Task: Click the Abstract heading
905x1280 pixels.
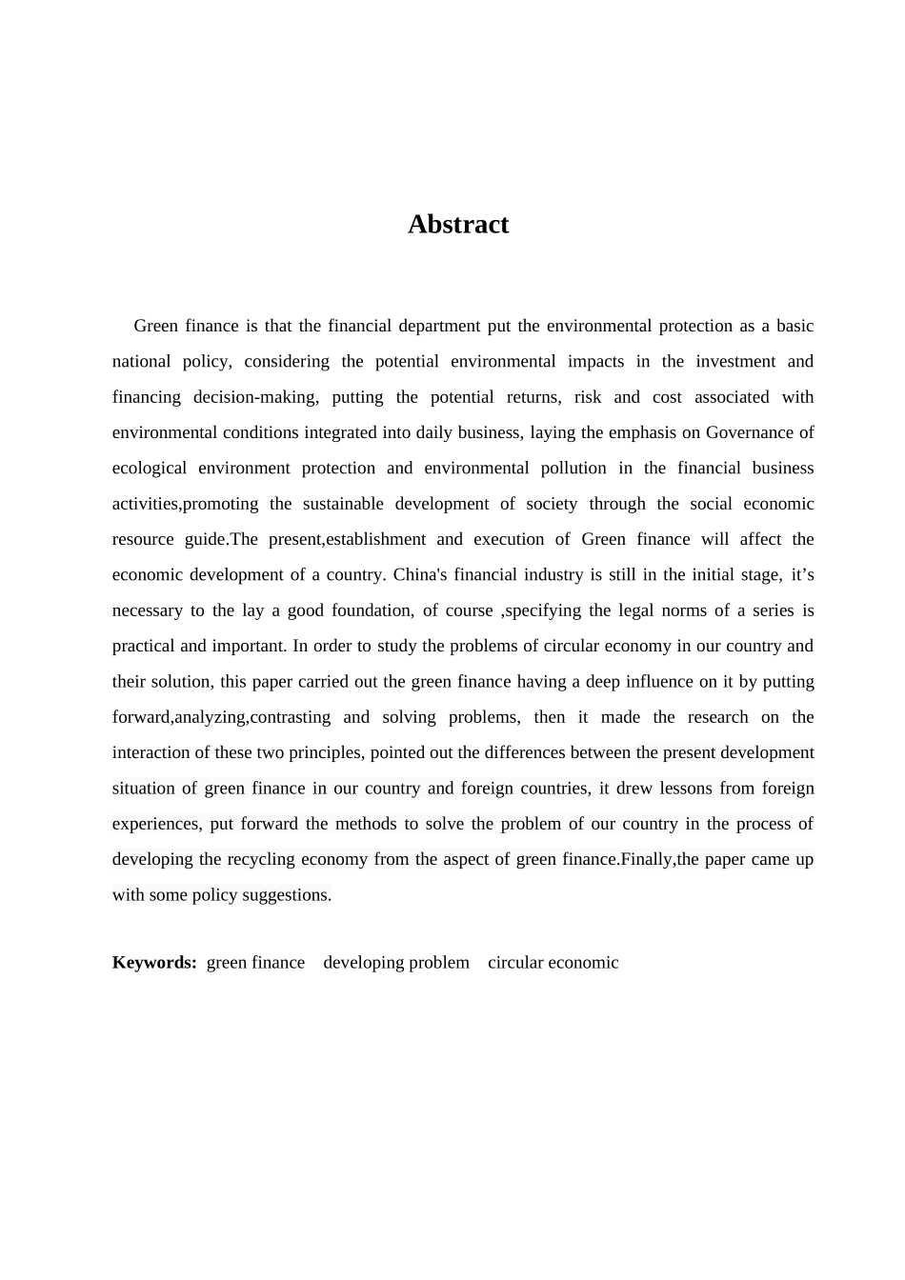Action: (458, 224)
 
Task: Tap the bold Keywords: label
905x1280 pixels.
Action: (154, 962)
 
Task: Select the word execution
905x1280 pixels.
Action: (502, 539)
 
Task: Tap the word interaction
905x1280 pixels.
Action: (151, 752)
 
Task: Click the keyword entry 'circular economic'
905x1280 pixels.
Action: (553, 962)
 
